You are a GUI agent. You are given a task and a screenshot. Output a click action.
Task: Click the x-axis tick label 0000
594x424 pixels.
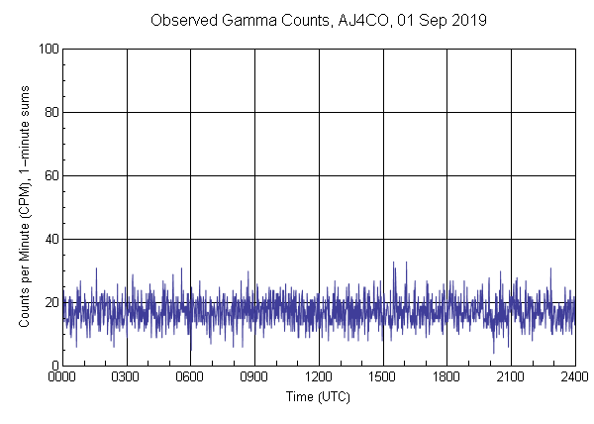pyautogui.click(x=62, y=377)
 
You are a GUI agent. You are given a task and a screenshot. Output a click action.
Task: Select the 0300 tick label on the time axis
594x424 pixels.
pyautogui.click(x=127, y=377)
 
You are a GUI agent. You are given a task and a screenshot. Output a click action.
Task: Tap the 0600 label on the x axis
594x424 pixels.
pyautogui.click(x=190, y=377)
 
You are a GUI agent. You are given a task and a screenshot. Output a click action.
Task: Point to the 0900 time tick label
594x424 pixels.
pyautogui.click(x=254, y=377)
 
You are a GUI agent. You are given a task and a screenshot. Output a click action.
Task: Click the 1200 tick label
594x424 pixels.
pyautogui.click(x=319, y=377)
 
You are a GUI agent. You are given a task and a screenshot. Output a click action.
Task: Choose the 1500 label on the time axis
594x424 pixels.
pyautogui.click(x=382, y=377)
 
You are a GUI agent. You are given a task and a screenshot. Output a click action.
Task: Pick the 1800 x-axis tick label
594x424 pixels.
pyautogui.click(x=446, y=377)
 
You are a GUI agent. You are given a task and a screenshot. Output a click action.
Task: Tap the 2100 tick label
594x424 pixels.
pyautogui.click(x=511, y=377)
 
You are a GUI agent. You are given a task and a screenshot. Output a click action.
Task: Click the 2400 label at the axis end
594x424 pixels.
pyautogui.click(x=574, y=377)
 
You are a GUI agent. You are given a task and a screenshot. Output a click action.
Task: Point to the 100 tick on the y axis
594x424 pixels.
pyautogui.click(x=48, y=49)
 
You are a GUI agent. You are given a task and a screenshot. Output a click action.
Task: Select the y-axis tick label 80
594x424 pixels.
pyautogui.click(x=50, y=112)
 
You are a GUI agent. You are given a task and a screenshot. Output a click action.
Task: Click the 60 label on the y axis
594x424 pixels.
pyautogui.click(x=50, y=175)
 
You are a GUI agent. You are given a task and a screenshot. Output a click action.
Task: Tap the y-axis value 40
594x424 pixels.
pyautogui.click(x=50, y=239)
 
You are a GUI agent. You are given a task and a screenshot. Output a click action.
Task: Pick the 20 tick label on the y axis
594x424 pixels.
pyautogui.click(x=50, y=302)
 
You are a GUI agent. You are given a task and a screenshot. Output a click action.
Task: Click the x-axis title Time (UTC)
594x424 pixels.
pyautogui.click(x=318, y=396)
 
